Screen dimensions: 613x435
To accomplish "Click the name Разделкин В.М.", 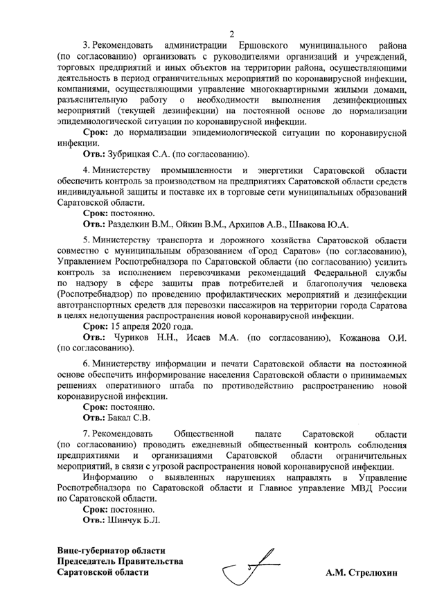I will [146, 224].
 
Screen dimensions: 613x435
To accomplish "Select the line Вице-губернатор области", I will [112, 549].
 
